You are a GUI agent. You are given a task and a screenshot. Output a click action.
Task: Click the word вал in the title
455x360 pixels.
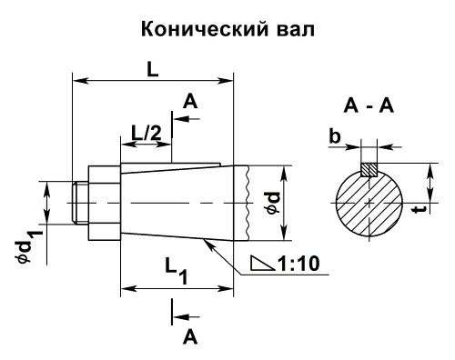[291, 30]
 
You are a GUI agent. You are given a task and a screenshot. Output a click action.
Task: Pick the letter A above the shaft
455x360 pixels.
[189, 103]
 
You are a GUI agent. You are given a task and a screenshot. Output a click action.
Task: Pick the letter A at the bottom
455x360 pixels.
[190, 336]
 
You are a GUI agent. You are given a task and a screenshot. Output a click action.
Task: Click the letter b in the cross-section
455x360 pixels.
[336, 136]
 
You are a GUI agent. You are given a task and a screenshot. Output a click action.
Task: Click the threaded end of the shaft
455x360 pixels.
[80, 202]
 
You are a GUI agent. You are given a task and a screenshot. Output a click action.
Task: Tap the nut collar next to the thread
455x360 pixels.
[104, 202]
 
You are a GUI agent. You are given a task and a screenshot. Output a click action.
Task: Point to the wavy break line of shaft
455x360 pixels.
[246, 202]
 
